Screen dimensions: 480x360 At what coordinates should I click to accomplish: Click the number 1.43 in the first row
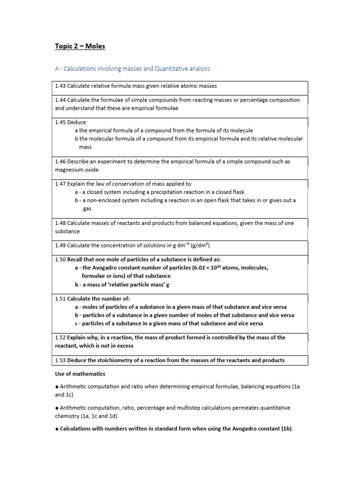tap(60, 86)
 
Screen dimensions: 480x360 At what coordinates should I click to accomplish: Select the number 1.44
tap(60, 100)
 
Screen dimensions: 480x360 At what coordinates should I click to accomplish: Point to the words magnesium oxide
tap(77, 170)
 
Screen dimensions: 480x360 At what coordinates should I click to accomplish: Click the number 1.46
tap(60, 162)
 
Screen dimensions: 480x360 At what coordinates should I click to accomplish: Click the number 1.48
tap(60, 223)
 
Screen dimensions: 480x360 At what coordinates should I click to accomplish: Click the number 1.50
tap(60, 260)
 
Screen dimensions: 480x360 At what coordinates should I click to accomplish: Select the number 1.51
tap(60, 299)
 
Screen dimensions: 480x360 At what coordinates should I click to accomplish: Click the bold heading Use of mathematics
tap(80, 374)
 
